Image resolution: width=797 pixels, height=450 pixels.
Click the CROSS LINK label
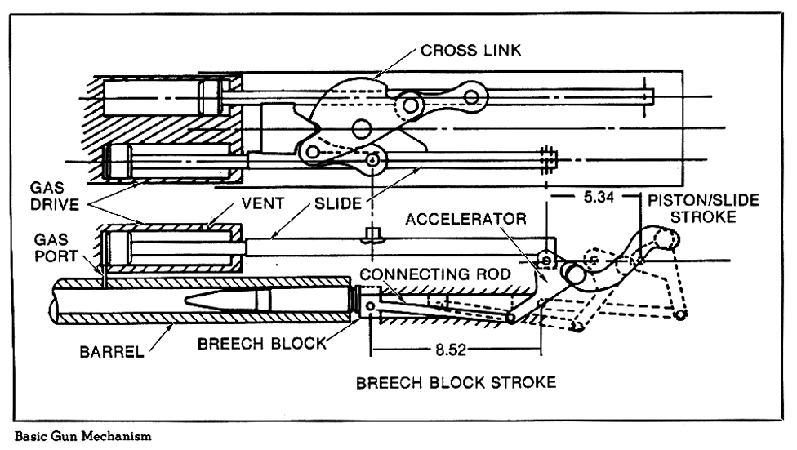(x=470, y=51)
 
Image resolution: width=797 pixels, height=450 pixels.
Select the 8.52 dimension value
(x=448, y=349)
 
